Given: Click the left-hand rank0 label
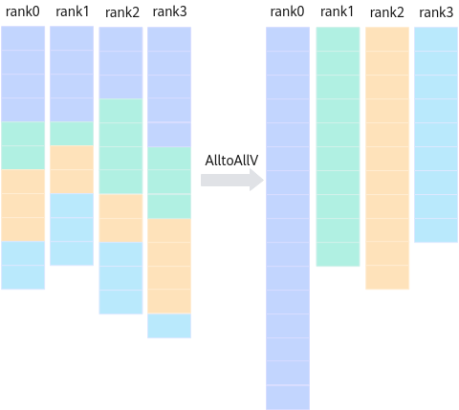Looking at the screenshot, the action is pos(23,11).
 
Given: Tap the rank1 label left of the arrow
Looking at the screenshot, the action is pos(73,11).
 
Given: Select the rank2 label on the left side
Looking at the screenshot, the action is pos(122,12).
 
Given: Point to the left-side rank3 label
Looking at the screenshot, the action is pos(169,11).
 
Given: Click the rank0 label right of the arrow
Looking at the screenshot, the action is pos(287,11).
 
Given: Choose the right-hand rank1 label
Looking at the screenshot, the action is pos(337,11).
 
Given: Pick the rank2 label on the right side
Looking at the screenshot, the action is pos(387,12).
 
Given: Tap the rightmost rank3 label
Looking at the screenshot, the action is pos(436,12).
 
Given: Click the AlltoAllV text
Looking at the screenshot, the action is pos(231,161).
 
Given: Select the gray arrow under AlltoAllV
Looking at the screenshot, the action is pos(232,180).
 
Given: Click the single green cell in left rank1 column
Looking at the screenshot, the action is pos(72,134).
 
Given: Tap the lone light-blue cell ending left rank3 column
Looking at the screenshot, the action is pos(169,326).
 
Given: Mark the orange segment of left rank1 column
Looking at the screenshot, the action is pos(72,169).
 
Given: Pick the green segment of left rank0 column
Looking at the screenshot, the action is pos(23,145).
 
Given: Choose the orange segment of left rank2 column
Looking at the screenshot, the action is pos(120,218).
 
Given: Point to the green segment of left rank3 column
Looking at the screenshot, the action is pos(169,183).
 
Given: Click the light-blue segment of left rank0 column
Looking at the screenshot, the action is pos(23,265).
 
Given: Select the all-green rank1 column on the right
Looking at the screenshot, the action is pos(338,146).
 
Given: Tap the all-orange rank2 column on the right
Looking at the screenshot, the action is pos(387,158).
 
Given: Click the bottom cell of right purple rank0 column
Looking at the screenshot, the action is pos(288,398).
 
